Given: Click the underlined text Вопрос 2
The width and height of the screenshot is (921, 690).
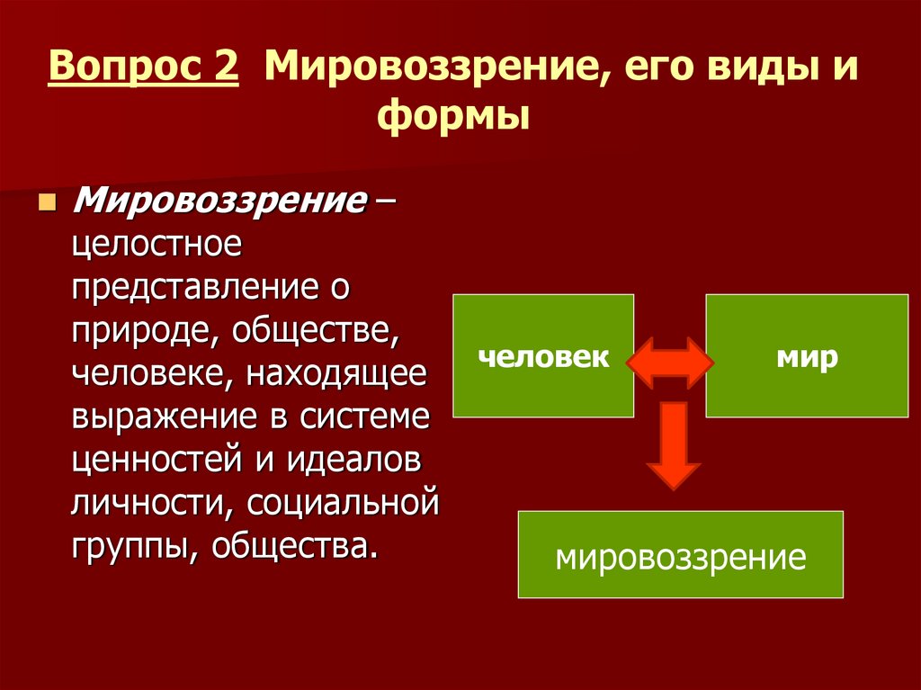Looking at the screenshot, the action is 143,68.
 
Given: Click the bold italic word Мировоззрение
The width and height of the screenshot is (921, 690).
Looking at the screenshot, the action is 219,199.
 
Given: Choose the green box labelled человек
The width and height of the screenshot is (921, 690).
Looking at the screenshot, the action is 542,355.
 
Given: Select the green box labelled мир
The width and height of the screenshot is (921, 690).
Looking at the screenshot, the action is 807,355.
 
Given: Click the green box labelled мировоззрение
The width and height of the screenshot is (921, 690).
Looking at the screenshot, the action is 680,554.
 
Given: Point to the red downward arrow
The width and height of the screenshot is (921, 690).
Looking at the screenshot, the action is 672,447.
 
